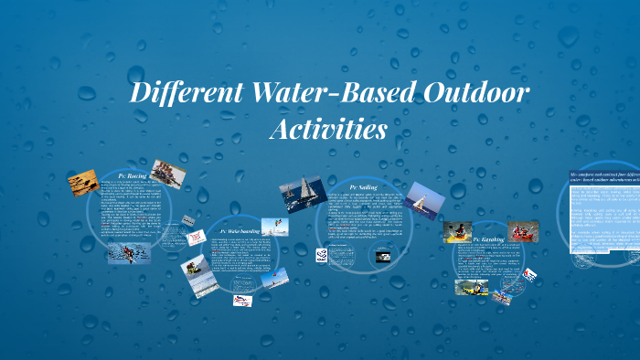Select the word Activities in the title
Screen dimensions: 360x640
327,129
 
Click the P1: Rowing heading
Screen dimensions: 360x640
133,174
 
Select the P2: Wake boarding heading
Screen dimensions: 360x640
236,231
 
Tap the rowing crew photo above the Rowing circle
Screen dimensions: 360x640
168,173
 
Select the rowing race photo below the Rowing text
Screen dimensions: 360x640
123,253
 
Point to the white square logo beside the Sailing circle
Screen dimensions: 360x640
323,254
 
